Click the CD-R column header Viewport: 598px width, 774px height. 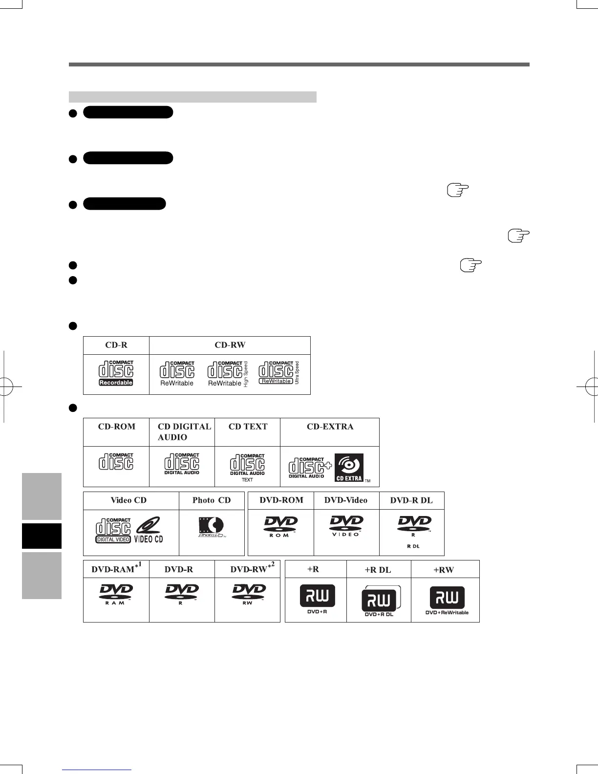point(116,345)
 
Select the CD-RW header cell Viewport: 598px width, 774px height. point(230,345)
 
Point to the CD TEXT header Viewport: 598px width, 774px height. point(248,427)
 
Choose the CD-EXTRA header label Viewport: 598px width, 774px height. point(330,427)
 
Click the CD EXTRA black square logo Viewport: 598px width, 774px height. point(349,468)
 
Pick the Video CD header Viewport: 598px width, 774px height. point(128,500)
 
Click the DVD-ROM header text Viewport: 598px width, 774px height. point(281,500)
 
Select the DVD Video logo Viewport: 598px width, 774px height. point(346,526)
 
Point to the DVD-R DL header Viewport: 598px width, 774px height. point(411,500)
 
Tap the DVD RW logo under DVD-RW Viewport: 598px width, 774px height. point(248,594)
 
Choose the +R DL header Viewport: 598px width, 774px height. point(378,570)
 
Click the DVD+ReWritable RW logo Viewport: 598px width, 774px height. point(447,600)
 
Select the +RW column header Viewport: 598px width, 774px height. point(444,570)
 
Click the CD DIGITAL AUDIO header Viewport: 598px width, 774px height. point(184,431)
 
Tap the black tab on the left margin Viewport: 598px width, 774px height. point(42,536)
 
